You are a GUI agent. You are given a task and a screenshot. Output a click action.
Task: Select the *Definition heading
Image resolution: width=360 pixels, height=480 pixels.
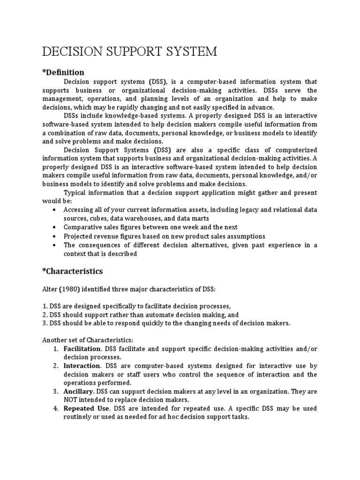[x=63, y=72]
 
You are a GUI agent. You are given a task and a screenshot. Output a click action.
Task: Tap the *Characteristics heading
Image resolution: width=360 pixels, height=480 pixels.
[x=73, y=271]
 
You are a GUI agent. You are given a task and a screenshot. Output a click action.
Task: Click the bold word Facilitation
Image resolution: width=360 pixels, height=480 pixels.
[x=82, y=349]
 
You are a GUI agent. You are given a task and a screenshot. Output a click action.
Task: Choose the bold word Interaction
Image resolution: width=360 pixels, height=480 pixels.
[x=82, y=366]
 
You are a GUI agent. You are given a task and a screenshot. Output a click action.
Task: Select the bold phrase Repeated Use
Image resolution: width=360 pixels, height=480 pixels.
[x=87, y=409]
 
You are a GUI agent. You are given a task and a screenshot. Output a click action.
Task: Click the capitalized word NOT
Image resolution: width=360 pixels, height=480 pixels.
[x=72, y=400]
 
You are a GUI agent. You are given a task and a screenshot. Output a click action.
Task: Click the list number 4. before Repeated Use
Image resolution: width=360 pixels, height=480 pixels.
[x=55, y=409]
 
